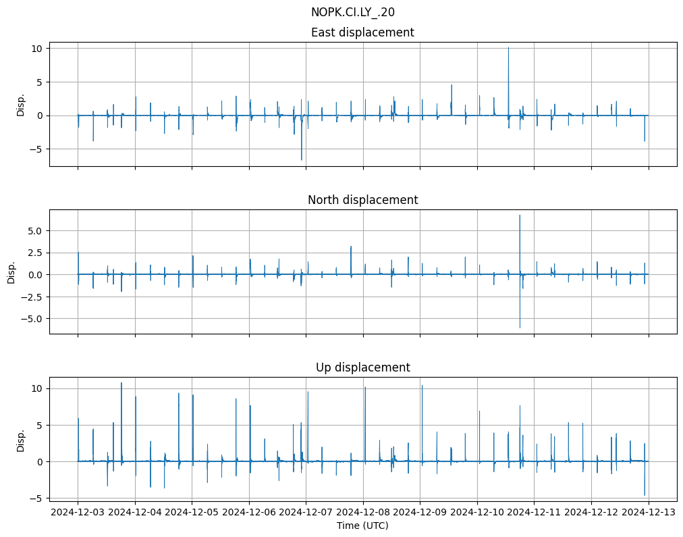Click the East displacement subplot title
pyautogui.click(x=362, y=32)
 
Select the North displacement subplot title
pyautogui.click(x=362, y=200)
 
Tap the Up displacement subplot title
pyautogui.click(x=362, y=367)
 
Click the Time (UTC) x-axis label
pyautogui.click(x=362, y=526)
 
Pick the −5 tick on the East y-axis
pyautogui.click(x=36, y=149)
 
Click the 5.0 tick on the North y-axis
pyautogui.click(x=34, y=231)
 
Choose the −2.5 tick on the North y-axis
pyautogui.click(x=31, y=297)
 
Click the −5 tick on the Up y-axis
pyautogui.click(x=36, y=498)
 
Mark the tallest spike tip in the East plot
pyautogui.click(x=508, y=48)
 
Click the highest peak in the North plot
pyautogui.click(x=520, y=215)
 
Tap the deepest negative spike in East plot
pyautogui.click(x=302, y=160)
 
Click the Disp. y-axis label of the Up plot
pyautogui.click(x=21, y=440)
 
